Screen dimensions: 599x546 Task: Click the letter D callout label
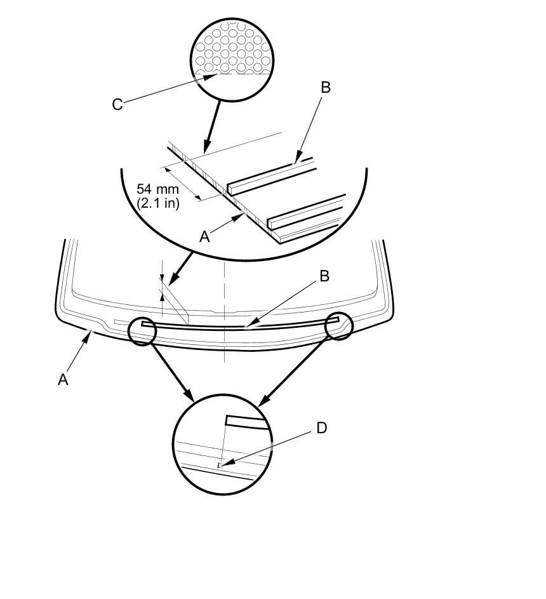point(321,428)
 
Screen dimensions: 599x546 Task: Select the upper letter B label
point(326,88)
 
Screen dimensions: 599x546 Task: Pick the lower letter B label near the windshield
point(324,276)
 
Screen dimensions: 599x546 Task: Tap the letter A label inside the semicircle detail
point(204,237)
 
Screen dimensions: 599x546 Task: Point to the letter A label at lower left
point(63,380)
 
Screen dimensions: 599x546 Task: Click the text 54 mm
point(158,189)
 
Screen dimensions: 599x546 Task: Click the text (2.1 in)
point(158,203)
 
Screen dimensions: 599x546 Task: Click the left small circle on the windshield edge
point(142,331)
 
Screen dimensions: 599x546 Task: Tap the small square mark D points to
point(220,466)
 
